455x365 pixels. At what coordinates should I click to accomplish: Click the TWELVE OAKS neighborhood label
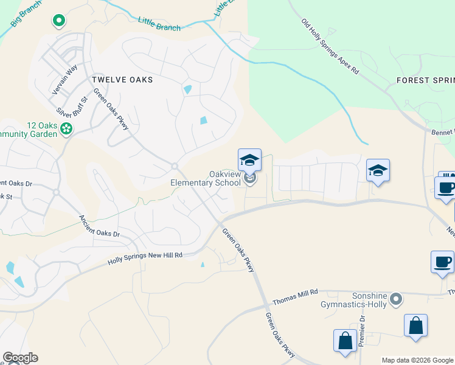coord(122,80)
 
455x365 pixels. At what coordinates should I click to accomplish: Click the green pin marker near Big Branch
coord(59,21)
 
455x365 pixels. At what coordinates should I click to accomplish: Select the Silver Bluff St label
coord(72,105)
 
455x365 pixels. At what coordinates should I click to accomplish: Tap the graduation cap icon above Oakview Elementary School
coord(249,160)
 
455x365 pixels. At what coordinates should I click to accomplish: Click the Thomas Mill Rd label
coord(296,297)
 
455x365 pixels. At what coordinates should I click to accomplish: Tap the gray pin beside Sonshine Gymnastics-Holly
coord(396,299)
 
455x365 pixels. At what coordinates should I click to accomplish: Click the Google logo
coord(20,358)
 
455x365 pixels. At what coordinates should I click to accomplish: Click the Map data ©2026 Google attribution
coord(418,360)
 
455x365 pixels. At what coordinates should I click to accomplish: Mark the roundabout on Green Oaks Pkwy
coord(174,166)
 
